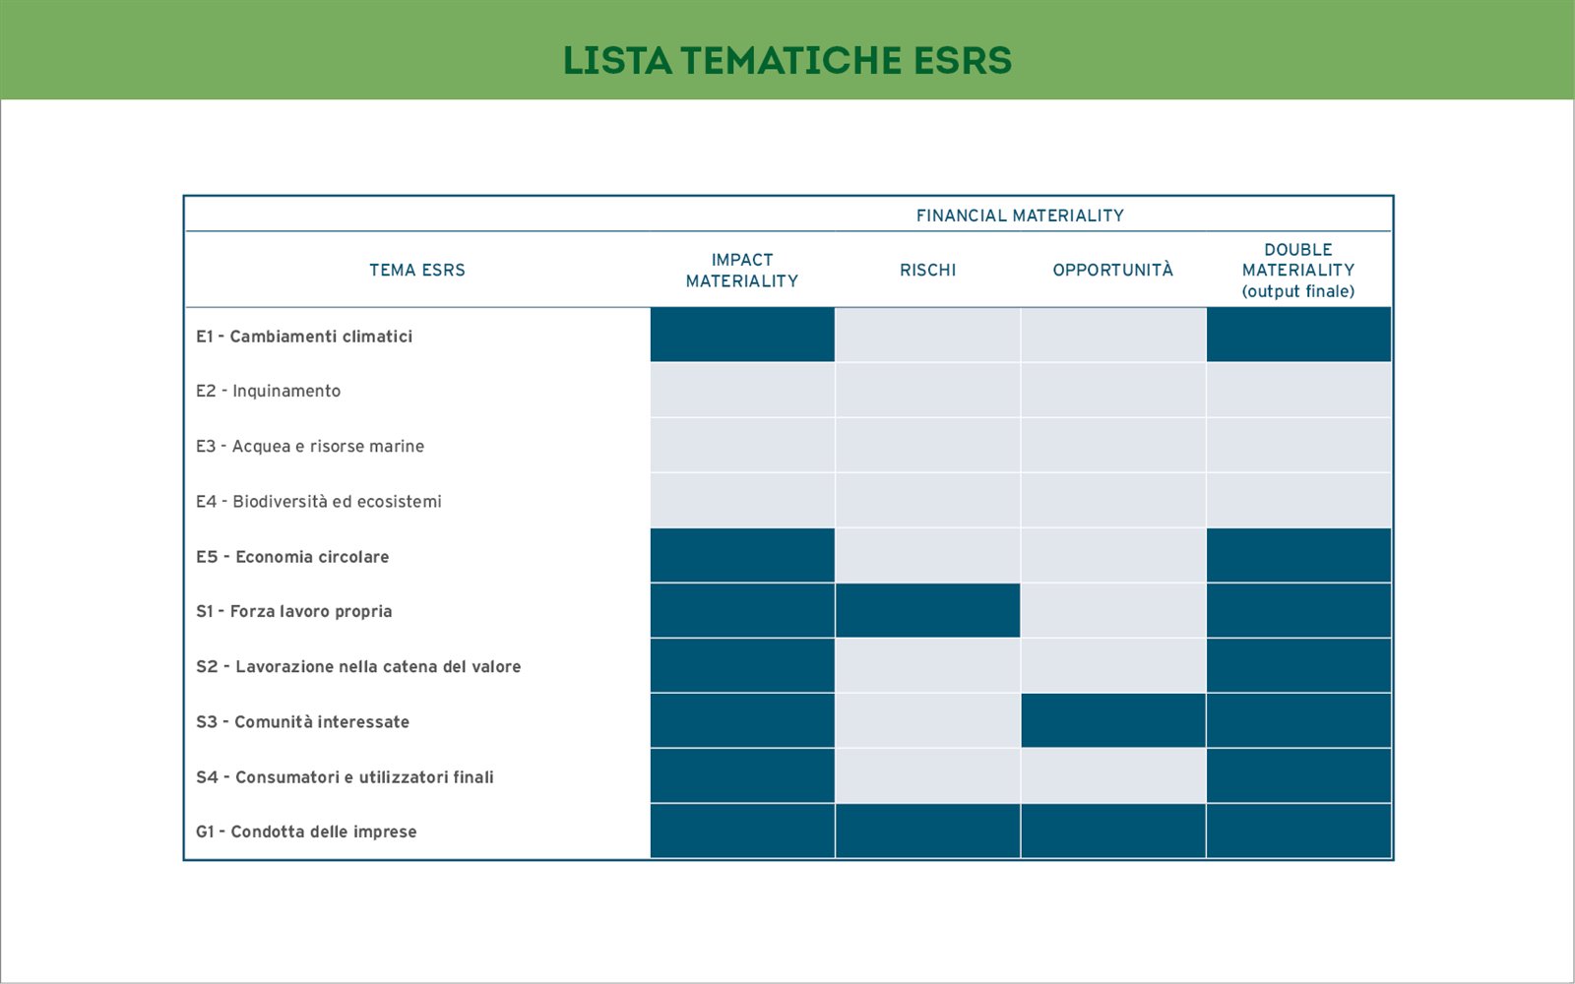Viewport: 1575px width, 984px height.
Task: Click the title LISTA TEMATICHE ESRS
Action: pyautogui.click(x=787, y=60)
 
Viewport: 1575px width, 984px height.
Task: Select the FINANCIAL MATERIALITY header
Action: pyautogui.click(x=1020, y=215)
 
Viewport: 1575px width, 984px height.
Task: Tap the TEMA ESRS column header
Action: pyautogui.click(x=417, y=270)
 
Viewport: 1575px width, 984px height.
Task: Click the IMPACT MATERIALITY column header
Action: pyautogui.click(x=742, y=271)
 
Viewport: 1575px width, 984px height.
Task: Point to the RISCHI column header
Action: pyautogui.click(x=927, y=270)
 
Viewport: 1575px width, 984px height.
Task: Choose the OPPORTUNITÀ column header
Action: pyautogui.click(x=1112, y=270)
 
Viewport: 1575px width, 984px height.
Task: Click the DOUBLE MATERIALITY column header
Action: pyautogui.click(x=1298, y=271)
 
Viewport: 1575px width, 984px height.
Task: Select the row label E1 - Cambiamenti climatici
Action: pyautogui.click(x=304, y=337)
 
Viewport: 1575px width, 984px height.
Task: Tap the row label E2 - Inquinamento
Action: pyautogui.click(x=268, y=391)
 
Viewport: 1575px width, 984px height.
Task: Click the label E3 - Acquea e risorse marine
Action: pyautogui.click(x=310, y=447)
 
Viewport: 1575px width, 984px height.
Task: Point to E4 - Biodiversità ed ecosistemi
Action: pyautogui.click(x=319, y=501)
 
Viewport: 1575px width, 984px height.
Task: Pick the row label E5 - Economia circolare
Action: pyautogui.click(x=292, y=557)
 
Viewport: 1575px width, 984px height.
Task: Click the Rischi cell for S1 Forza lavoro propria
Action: pyautogui.click(x=927, y=611)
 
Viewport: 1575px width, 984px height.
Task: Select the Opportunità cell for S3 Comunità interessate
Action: pyautogui.click(x=1113, y=720)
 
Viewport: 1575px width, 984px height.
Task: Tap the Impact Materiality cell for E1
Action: pyautogui.click(x=742, y=335)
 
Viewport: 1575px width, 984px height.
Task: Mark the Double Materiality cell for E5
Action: pyautogui.click(x=1298, y=555)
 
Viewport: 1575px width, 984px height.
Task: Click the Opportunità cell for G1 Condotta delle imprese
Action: pyautogui.click(x=1113, y=830)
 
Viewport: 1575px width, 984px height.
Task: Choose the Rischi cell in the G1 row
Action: pyautogui.click(x=927, y=830)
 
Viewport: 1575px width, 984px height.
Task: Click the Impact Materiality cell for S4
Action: pyautogui.click(x=742, y=776)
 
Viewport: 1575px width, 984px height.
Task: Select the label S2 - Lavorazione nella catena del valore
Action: pyautogui.click(x=358, y=666)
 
